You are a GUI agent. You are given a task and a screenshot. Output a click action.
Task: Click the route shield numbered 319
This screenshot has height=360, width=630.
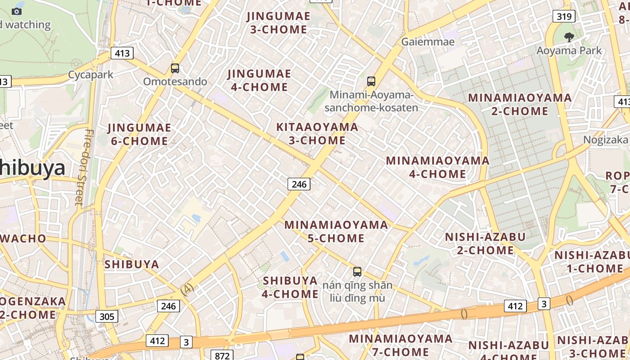pos(564,17)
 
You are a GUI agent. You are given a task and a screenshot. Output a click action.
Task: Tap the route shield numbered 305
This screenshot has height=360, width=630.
pos(107,316)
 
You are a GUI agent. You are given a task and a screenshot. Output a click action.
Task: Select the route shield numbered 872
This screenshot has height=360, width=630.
pos(222,355)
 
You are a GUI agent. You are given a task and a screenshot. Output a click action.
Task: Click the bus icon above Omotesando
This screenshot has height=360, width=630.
pos(175,68)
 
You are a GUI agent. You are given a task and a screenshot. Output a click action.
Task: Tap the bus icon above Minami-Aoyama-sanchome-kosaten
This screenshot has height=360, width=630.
pos(371,81)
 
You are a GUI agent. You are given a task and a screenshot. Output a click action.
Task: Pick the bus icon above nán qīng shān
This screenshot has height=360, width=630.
pos(357,272)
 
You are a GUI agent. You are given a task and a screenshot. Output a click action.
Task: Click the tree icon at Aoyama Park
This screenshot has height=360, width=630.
pos(569,37)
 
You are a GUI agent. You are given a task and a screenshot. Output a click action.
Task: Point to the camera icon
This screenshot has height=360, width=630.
pos(17,11)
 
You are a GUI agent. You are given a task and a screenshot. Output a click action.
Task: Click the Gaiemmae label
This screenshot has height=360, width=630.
pos(428,42)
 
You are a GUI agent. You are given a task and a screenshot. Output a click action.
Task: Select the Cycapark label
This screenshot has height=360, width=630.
pos(90,75)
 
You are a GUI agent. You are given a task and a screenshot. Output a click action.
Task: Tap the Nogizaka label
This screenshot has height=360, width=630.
pos(606,139)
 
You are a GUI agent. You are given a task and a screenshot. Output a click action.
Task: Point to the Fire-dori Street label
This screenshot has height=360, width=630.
pos(84,167)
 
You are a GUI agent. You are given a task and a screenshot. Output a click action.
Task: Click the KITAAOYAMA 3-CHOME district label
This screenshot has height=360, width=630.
pos(317,134)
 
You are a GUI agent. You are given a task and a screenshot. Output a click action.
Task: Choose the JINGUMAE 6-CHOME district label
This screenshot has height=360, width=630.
pos(139,135)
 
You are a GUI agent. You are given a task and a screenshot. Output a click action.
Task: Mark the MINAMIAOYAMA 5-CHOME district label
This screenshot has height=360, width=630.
pos(336,231)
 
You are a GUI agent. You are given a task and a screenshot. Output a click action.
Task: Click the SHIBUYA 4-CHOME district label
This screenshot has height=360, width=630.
pos(290,287)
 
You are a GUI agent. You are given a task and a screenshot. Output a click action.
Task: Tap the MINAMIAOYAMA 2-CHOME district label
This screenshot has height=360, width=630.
pos(520,104)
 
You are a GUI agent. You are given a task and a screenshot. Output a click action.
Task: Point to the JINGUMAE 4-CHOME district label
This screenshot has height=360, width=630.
pos(259,80)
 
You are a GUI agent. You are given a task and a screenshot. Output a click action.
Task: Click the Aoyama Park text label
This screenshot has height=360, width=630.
pos(569,50)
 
